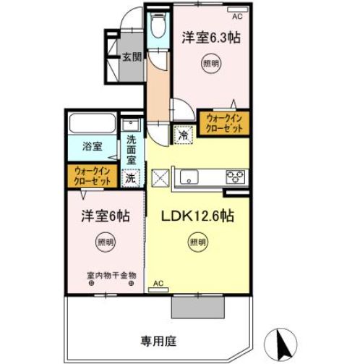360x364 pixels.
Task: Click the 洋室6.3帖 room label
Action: (210, 38)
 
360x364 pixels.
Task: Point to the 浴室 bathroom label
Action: (91, 146)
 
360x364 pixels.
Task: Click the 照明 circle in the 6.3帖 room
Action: (209, 64)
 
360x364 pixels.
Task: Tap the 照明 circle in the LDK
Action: (197, 242)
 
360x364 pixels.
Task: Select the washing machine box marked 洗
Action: (130, 177)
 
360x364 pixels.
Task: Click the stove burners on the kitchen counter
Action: (236, 175)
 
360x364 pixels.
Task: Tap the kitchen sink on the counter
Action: (191, 176)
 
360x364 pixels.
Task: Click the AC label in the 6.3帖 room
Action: (236, 11)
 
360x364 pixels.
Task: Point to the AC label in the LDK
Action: (159, 284)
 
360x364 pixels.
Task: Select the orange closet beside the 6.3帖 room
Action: (224, 122)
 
